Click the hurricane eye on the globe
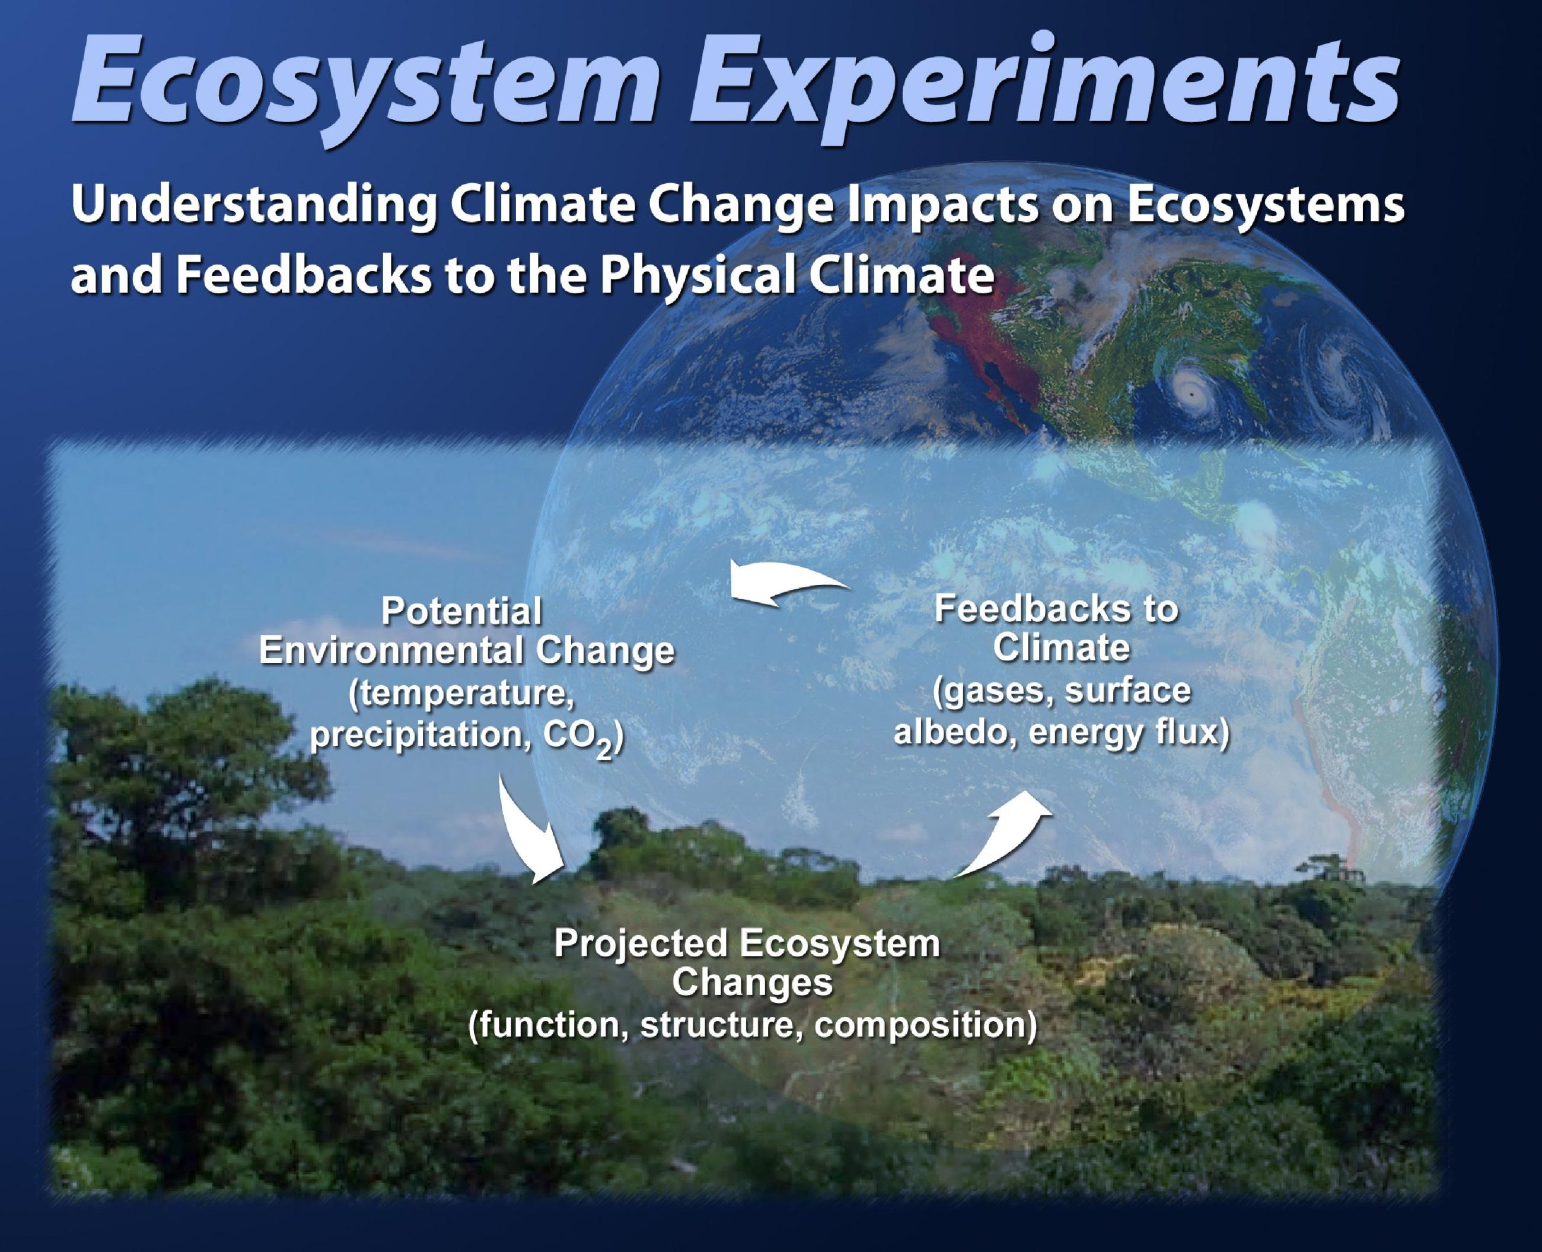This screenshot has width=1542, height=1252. (1190, 395)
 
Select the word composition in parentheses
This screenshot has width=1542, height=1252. (926, 1025)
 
